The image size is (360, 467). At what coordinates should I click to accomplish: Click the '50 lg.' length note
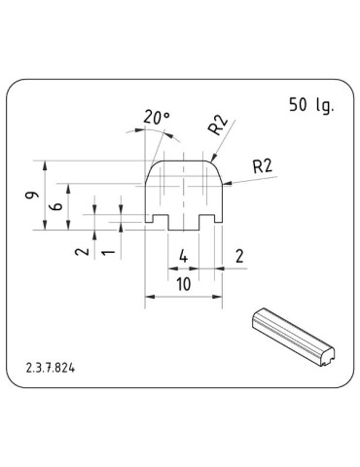point(310,105)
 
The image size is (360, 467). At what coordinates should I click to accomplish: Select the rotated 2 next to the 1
point(83,250)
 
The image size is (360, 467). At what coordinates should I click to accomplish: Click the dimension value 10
point(182,286)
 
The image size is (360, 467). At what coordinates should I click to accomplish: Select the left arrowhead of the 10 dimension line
point(148,298)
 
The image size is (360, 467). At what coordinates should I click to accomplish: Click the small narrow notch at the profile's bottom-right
point(213,220)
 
